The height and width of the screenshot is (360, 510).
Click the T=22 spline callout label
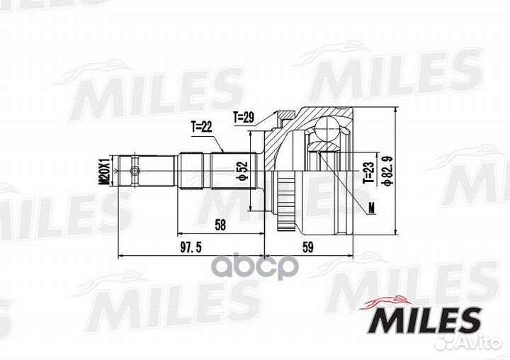click(x=201, y=126)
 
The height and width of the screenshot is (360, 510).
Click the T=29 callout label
click(x=244, y=118)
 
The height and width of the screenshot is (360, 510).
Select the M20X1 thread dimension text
click(x=105, y=171)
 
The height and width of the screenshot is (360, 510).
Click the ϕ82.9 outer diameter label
click(x=388, y=171)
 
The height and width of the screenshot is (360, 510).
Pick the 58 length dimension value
click(x=220, y=225)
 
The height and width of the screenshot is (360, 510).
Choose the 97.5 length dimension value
click(x=191, y=248)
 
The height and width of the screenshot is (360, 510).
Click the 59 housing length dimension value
click(x=307, y=248)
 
